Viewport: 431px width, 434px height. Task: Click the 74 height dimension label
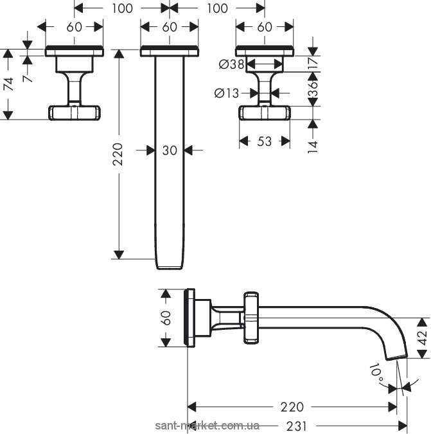10,84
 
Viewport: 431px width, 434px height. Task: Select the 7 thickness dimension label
28,78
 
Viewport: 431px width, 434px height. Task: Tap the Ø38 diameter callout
232,64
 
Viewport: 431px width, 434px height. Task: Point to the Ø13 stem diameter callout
227,93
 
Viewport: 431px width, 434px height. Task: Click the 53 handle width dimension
265,141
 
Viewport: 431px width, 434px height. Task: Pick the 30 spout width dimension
170,150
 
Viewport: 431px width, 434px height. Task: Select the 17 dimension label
313,63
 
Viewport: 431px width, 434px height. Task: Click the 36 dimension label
313,89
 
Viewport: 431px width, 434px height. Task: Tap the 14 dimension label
313,147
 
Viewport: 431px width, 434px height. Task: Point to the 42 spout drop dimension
423,338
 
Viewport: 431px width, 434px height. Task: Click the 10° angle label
376,373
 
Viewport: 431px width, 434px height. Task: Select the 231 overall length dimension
297,426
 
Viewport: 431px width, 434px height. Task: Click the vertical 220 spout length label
118,154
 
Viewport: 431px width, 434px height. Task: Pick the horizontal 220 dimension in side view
292,407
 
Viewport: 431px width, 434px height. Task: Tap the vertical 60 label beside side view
166,318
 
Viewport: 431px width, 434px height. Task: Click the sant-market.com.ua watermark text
207,425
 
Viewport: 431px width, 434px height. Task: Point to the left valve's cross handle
75,113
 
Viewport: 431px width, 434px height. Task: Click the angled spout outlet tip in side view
397,357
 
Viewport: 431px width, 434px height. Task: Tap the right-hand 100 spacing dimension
217,8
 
